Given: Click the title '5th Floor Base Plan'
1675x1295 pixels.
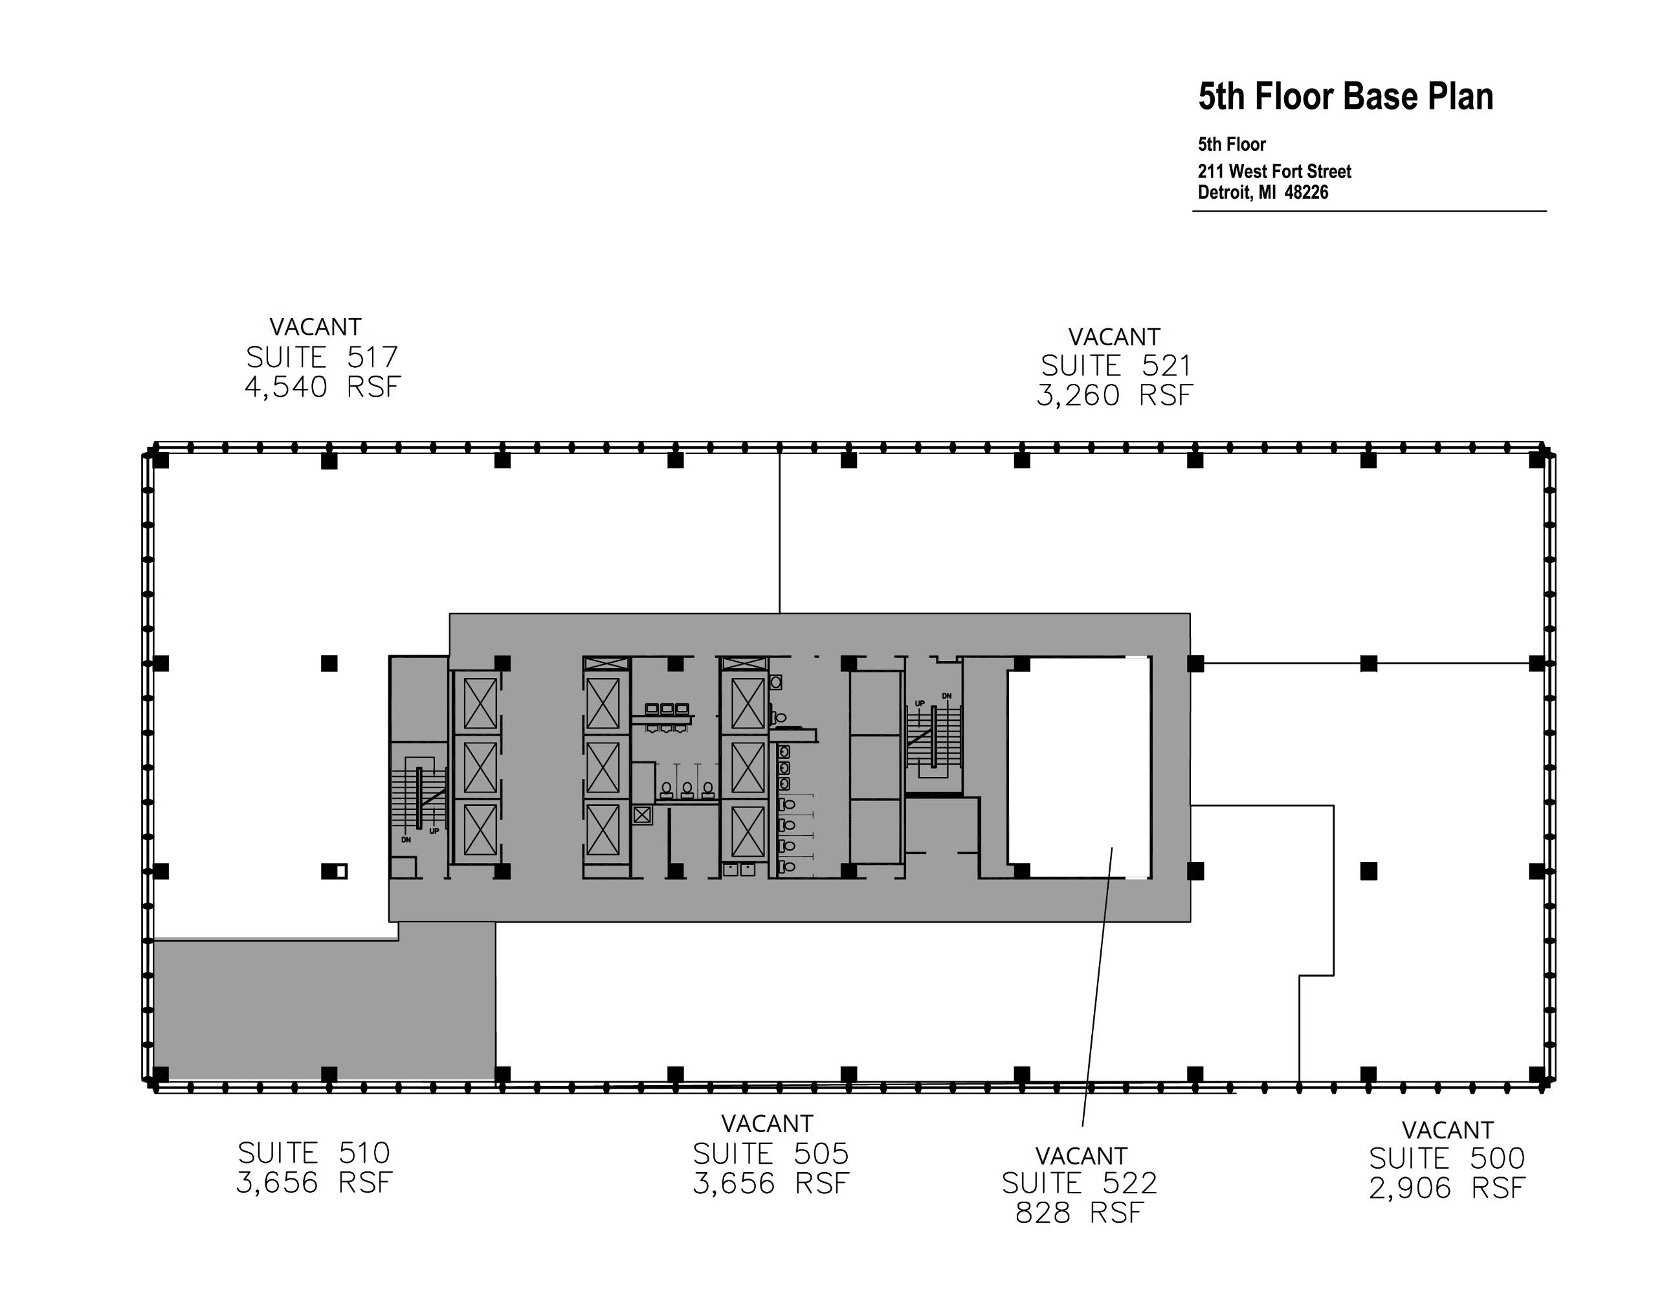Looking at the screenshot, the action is (x=1345, y=96).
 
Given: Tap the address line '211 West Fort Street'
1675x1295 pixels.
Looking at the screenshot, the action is (x=1274, y=171).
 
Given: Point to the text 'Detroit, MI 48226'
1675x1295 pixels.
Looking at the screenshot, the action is (x=1262, y=192).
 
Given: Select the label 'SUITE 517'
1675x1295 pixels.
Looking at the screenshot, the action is (x=322, y=357).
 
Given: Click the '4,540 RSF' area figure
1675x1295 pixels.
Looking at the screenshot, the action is (x=322, y=387).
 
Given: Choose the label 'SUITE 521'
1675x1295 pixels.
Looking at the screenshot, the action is (x=1115, y=366).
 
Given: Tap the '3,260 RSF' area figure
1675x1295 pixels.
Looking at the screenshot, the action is (x=1115, y=396).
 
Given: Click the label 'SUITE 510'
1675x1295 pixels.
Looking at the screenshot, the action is (x=314, y=1153).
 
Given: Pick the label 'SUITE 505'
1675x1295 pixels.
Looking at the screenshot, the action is (x=771, y=1154).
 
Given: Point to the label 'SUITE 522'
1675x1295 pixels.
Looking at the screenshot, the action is (x=1079, y=1184).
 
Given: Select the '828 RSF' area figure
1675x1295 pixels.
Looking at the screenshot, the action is (x=1079, y=1213).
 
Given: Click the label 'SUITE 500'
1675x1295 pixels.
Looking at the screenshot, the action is (x=1447, y=1158).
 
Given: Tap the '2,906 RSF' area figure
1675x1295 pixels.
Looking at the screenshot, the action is (x=1447, y=1188).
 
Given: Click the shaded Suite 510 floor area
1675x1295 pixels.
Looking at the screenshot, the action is (x=322, y=1009).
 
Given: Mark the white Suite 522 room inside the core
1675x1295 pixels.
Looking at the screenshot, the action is (x=1079, y=767).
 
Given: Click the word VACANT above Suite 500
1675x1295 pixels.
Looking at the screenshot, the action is (x=1447, y=1130).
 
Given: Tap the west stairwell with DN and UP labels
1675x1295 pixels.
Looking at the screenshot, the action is (x=419, y=798).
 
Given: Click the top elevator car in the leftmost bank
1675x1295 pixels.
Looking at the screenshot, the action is (x=480, y=703).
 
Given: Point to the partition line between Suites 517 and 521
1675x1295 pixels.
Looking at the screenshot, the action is (x=780, y=532).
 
